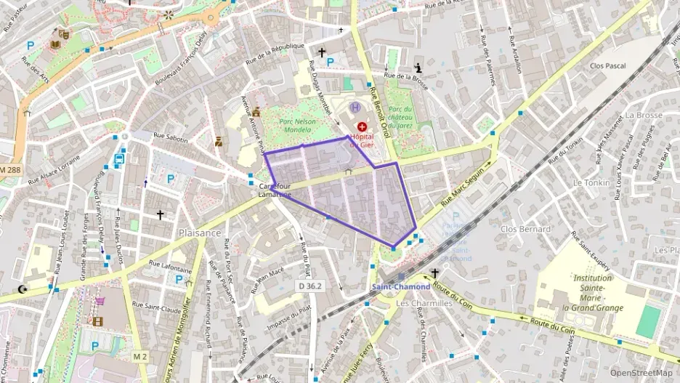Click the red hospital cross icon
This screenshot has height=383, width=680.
[x=362, y=126]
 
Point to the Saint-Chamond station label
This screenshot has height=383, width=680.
[x=401, y=286]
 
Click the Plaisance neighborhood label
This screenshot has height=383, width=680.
[x=199, y=233]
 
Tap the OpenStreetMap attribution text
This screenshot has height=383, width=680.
[x=641, y=373]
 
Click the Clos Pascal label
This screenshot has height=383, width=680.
[x=608, y=65]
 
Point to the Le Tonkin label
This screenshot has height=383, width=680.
[x=591, y=183]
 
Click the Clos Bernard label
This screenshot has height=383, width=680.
[x=525, y=229]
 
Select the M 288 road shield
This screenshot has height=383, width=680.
[x=11, y=169]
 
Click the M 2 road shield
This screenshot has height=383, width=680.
[x=139, y=356]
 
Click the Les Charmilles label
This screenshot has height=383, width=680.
[x=424, y=303]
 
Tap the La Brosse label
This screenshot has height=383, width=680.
[x=643, y=116]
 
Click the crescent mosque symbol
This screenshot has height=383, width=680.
[x=23, y=289]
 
